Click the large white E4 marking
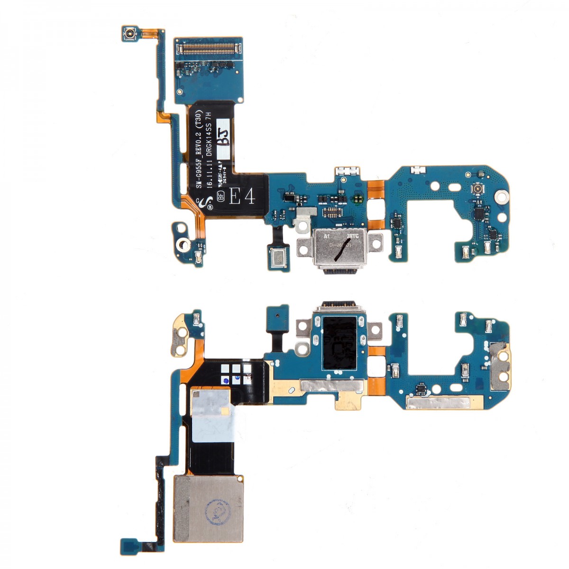click(242, 195)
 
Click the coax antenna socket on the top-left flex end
click(129, 34)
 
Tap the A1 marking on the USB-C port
click(327, 235)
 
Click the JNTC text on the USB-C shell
click(354, 235)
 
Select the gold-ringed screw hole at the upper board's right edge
click(501, 195)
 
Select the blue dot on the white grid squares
click(226, 380)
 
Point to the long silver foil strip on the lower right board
click(438, 404)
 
